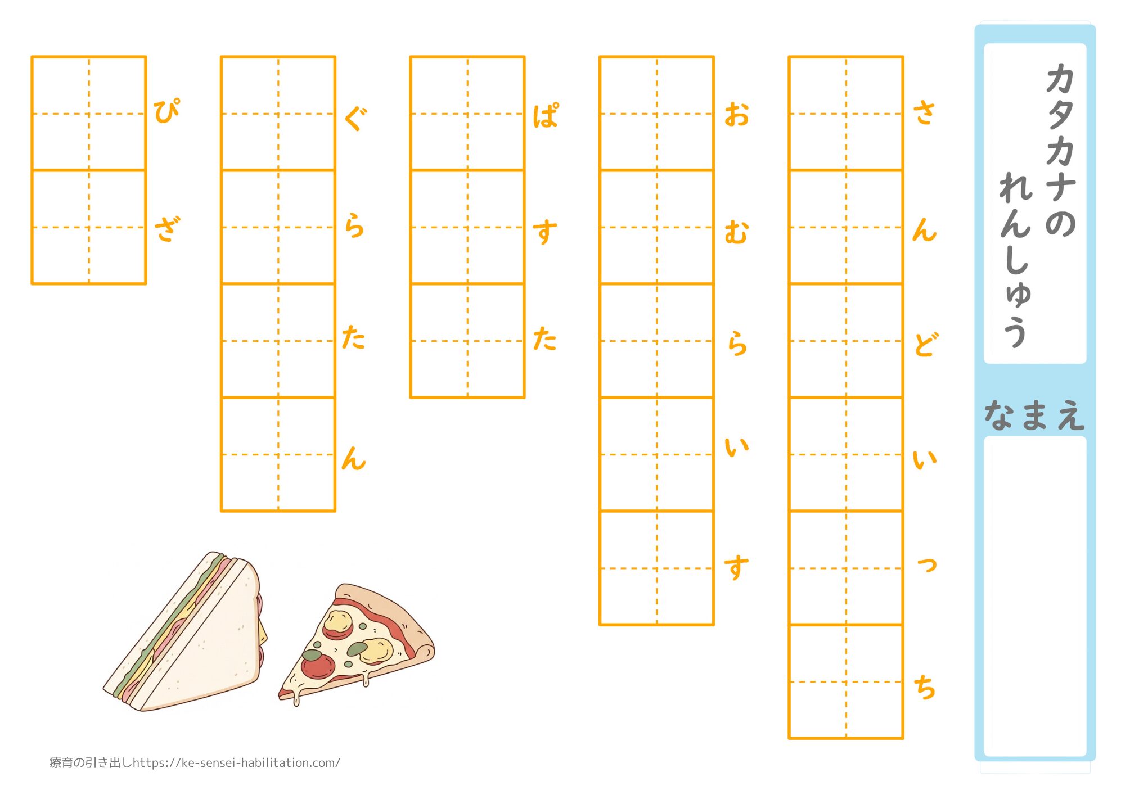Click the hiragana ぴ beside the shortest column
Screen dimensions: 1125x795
[x=166, y=111]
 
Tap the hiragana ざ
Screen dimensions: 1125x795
[x=168, y=229]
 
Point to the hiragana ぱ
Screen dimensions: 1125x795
[x=546, y=116]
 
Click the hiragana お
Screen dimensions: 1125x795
[x=736, y=114]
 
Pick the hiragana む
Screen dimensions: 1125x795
[x=736, y=233]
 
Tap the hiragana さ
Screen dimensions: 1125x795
[x=924, y=112]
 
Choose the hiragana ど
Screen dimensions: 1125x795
[x=926, y=345]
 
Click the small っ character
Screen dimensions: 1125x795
[x=927, y=564]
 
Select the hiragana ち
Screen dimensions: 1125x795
[x=924, y=687]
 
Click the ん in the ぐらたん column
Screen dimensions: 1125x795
[x=354, y=458]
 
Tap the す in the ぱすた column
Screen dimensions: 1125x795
[x=544, y=232]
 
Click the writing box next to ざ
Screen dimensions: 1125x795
[x=89, y=227]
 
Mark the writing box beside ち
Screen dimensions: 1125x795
[x=846, y=681]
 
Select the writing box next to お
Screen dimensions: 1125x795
[x=656, y=114]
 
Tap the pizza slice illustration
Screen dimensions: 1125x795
[x=357, y=644]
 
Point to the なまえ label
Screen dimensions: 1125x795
[x=1034, y=415]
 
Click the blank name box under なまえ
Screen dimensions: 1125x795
[x=1035, y=597]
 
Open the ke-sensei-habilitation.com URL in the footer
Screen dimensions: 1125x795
[x=237, y=763]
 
